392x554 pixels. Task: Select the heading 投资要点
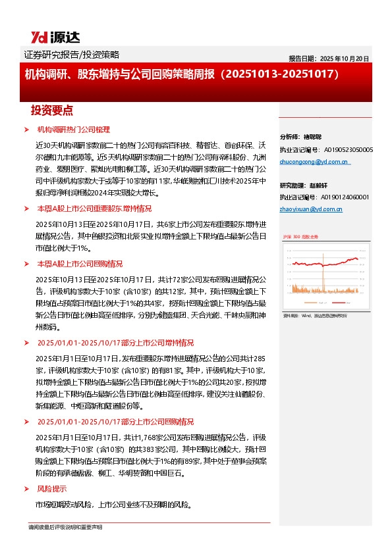click(52, 109)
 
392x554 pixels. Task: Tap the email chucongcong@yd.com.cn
click(314, 161)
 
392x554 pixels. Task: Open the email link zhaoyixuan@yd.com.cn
click(311, 209)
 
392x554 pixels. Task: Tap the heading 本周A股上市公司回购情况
click(80, 263)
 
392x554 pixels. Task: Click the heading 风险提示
click(51, 489)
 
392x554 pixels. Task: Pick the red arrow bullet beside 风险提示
click(26, 489)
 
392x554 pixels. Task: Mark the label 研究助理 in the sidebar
click(294, 185)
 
